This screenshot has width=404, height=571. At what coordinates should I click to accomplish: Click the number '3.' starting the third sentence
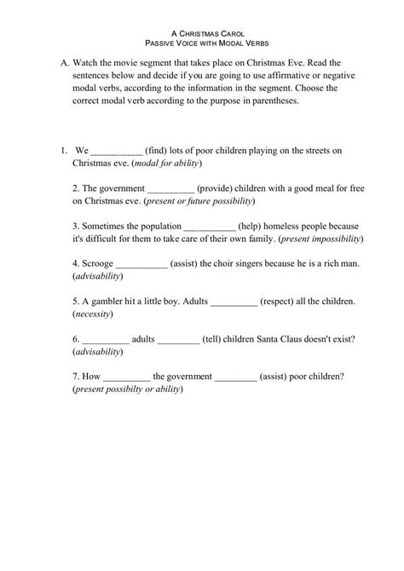click(x=77, y=227)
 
